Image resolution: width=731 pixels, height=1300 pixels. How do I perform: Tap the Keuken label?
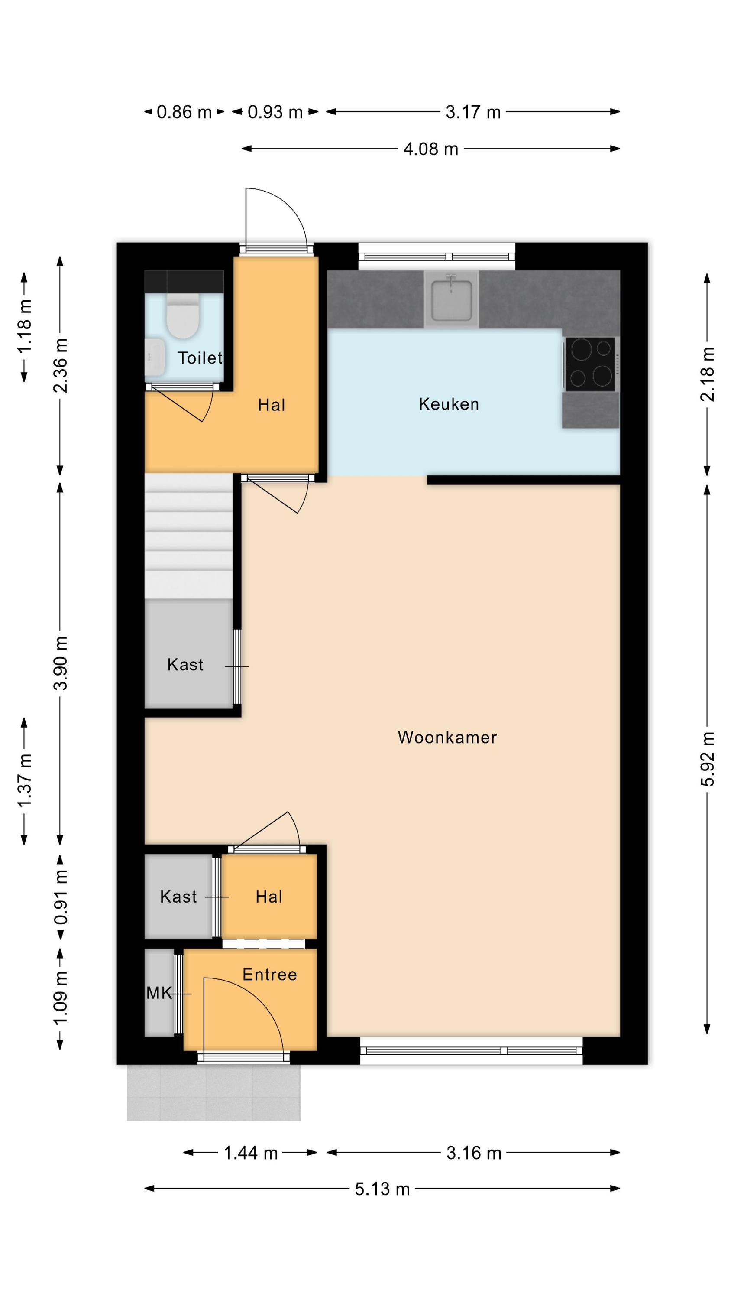click(449, 404)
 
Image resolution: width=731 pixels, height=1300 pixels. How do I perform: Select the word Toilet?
click(200, 358)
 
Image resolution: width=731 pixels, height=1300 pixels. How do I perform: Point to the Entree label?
click(269, 974)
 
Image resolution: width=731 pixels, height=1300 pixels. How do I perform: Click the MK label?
click(159, 993)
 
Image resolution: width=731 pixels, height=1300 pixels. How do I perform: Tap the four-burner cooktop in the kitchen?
click(590, 364)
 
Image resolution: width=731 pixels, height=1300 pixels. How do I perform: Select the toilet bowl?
click(183, 317)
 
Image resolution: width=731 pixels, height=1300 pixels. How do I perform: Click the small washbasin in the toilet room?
click(155, 356)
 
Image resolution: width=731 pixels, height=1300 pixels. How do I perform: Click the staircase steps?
click(189, 536)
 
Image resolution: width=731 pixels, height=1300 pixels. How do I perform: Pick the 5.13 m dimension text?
click(382, 1189)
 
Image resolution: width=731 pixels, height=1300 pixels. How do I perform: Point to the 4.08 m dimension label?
click(430, 149)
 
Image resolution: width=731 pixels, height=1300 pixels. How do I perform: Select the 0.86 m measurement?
click(184, 112)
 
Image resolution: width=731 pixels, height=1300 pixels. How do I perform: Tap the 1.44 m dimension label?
click(251, 1153)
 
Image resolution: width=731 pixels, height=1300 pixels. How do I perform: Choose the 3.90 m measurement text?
click(61, 663)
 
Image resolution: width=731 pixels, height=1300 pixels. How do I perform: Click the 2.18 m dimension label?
click(707, 374)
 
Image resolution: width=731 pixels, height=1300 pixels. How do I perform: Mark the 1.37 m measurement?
click(24, 780)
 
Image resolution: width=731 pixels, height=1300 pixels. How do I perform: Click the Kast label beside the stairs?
click(185, 665)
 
